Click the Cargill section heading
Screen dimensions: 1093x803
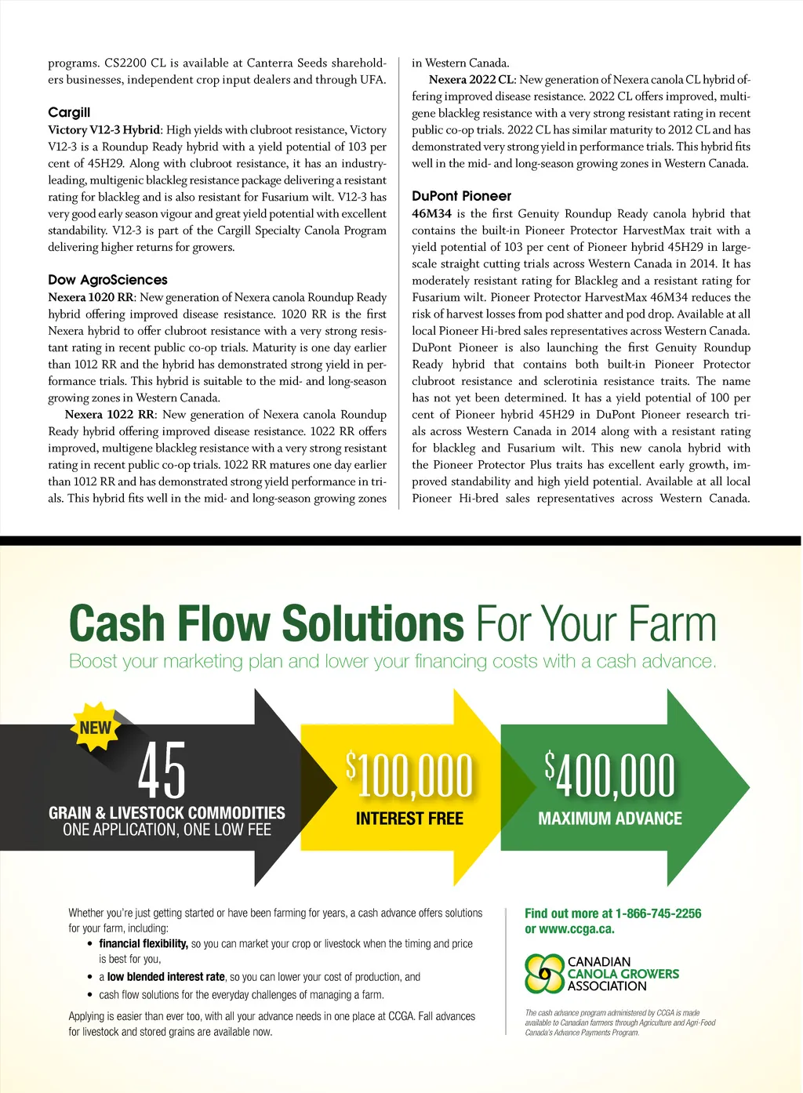coord(69,112)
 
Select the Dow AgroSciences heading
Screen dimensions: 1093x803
coord(107,280)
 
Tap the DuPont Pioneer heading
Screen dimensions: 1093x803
coord(461,196)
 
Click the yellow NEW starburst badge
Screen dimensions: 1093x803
coord(96,727)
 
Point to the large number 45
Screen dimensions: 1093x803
coord(162,772)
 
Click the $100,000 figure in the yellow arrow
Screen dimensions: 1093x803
coord(409,775)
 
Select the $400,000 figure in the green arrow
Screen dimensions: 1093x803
coord(610,775)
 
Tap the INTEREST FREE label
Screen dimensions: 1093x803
coord(409,819)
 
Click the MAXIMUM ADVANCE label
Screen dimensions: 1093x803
coord(610,819)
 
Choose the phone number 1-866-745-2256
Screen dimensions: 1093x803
coord(658,913)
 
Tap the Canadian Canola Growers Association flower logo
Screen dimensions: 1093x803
coord(544,973)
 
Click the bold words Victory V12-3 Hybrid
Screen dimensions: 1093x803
coord(104,130)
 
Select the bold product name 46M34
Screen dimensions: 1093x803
coord(431,214)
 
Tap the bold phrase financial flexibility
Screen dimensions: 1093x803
coord(144,944)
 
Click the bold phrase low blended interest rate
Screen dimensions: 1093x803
coord(166,977)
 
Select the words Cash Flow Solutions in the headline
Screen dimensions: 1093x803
coord(267,624)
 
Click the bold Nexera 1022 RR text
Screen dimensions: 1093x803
coord(109,415)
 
